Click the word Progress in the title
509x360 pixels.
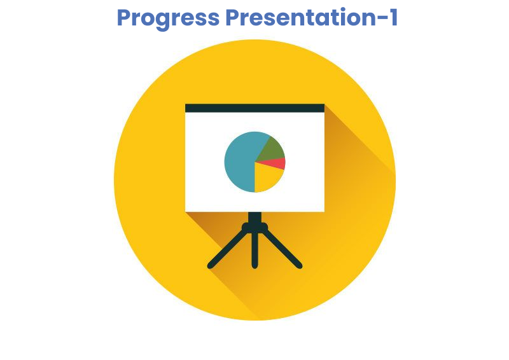[168, 19]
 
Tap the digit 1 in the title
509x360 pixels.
[393, 18]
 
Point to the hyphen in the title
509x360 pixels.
[380, 20]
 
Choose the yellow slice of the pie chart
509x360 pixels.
[266, 177]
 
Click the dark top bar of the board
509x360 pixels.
[255, 108]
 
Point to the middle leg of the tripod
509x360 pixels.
[255, 250]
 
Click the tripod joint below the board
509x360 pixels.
[255, 227]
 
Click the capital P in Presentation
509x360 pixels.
[233, 18]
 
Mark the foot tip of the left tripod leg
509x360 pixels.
[210, 267]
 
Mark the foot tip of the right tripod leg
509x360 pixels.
[300, 267]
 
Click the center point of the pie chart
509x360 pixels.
[255, 162]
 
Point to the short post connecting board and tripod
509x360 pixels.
[255, 217]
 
